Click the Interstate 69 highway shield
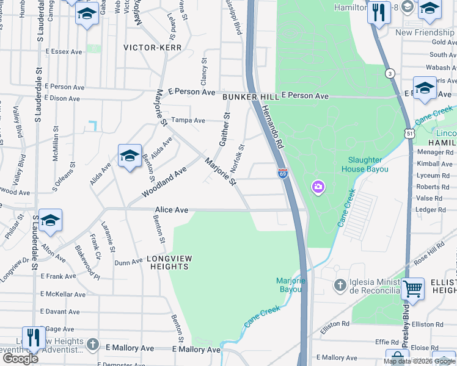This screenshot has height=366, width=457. click(x=282, y=174)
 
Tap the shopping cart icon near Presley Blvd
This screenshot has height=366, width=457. click(x=413, y=289)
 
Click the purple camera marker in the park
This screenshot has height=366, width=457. click(x=318, y=186)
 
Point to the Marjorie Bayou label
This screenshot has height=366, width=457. click(x=291, y=285)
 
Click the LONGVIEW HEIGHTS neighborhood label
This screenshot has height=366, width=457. click(x=169, y=263)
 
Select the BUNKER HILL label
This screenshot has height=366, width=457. click(x=250, y=97)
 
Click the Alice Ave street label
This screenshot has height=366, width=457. click(x=172, y=210)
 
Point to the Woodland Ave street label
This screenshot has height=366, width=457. click(x=163, y=182)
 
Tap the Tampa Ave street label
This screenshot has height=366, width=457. click(x=188, y=120)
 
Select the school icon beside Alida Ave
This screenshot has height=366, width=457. click(x=130, y=157)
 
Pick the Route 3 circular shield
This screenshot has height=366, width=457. click(x=389, y=74)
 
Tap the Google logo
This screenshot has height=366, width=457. click(x=20, y=359)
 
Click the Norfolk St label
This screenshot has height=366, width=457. click(x=237, y=157)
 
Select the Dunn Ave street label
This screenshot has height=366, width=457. click(x=128, y=263)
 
